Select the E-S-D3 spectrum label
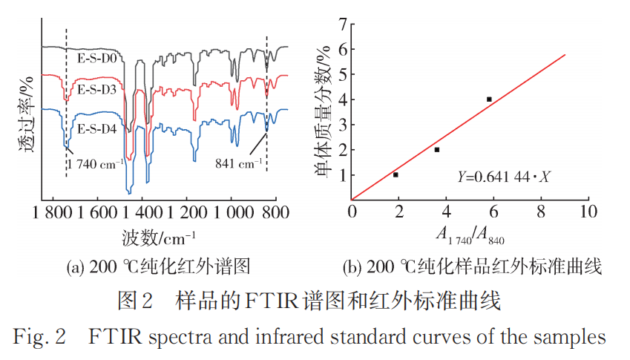pos(96,90)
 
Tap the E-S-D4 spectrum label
pos(96,128)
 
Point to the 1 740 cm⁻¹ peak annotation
pos(96,163)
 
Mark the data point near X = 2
pos(396,174)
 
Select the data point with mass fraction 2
pos(437,149)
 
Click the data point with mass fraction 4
pos(489,99)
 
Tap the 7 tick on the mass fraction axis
pos(342,24)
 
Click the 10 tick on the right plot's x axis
pos(588,213)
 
